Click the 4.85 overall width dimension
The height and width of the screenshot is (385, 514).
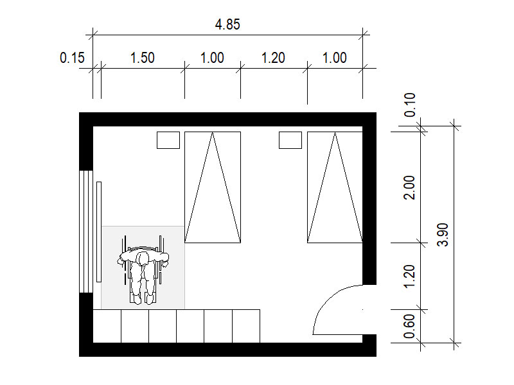click(x=227, y=24)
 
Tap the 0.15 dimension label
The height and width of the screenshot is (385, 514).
click(x=72, y=58)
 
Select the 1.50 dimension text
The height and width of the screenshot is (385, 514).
click(x=142, y=58)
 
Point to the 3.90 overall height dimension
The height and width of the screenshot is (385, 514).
click(x=443, y=234)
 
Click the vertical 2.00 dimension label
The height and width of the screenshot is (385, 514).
click(x=409, y=187)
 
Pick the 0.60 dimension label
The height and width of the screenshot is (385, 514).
click(x=409, y=326)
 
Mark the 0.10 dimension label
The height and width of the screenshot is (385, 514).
click(x=410, y=105)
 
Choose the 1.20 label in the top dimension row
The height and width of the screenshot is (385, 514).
click(x=273, y=58)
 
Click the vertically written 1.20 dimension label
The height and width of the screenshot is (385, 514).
click(x=409, y=277)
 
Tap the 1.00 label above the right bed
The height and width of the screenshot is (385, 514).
click(x=334, y=58)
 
